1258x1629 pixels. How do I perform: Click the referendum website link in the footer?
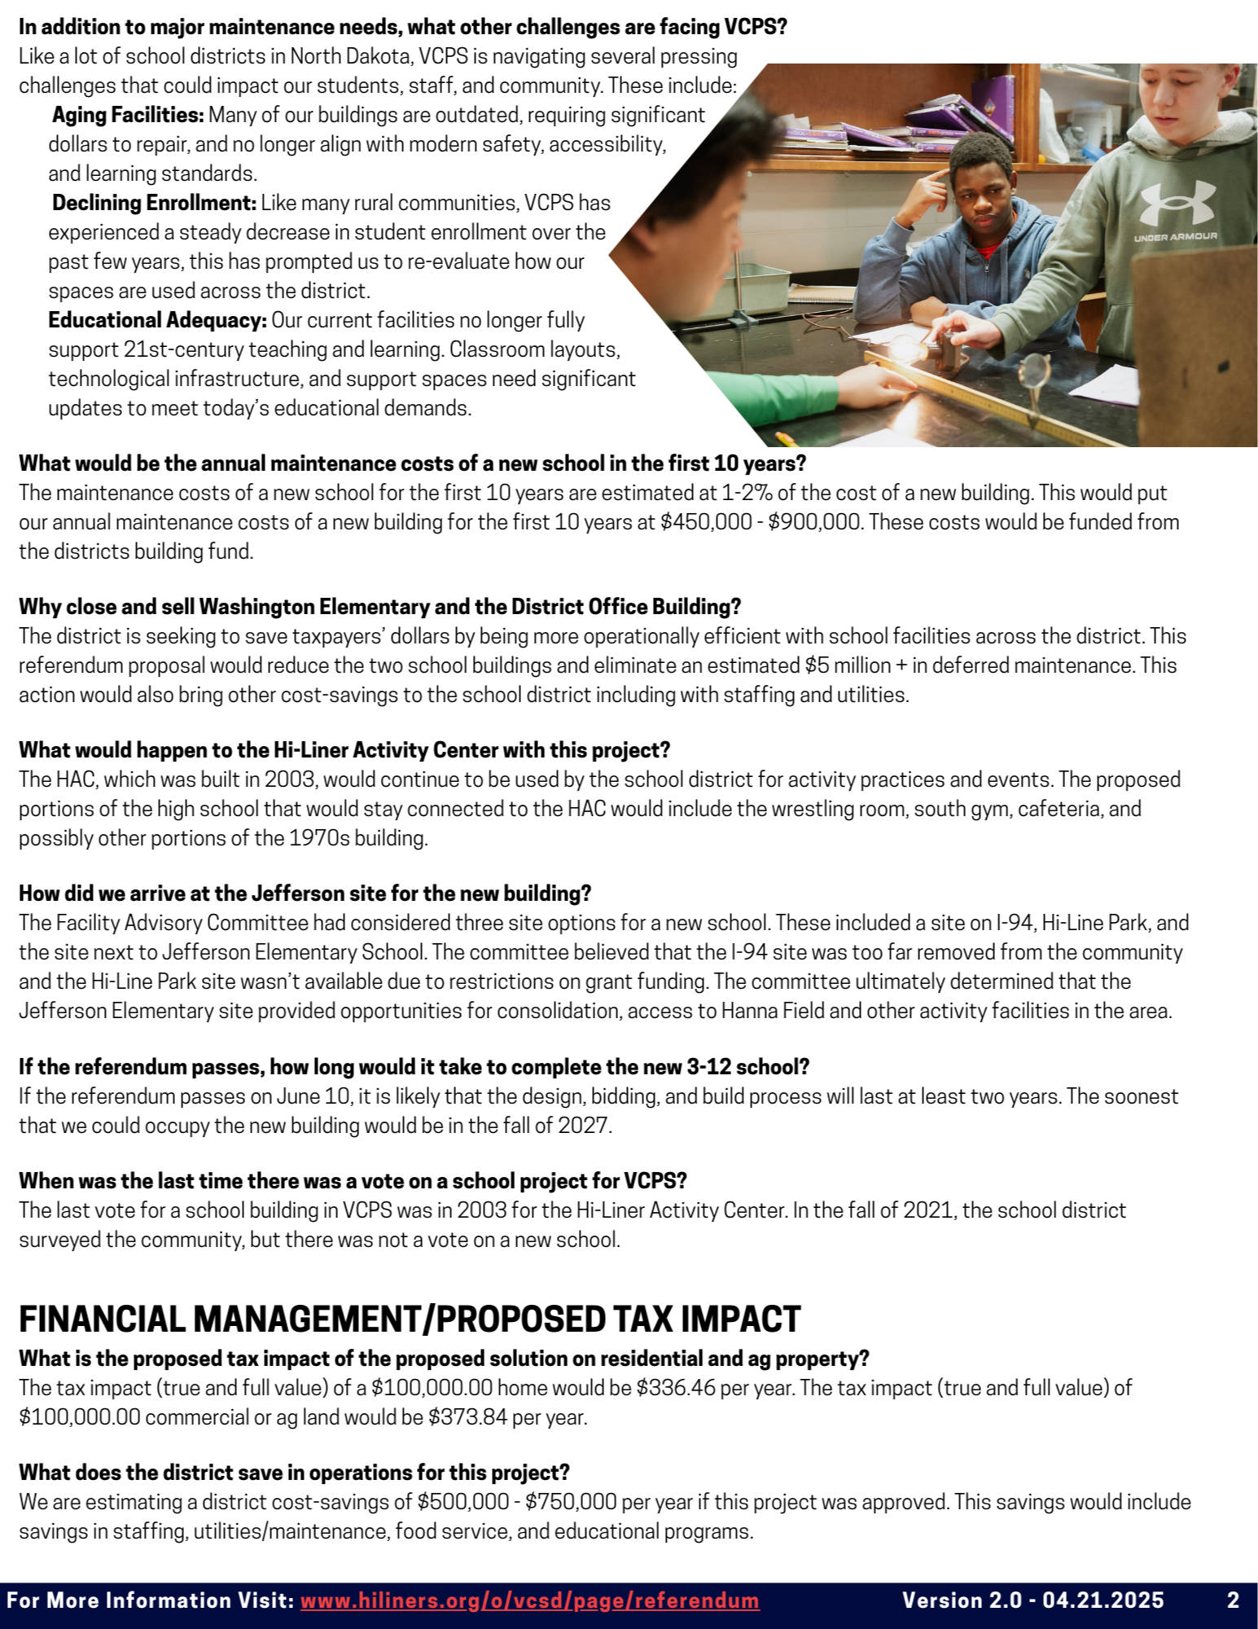(529, 1600)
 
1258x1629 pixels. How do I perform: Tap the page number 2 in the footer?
(1233, 1600)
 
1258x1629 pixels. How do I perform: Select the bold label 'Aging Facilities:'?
(128, 115)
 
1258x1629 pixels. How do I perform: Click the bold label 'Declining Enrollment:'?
(154, 203)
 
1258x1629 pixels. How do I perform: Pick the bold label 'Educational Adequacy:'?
(157, 320)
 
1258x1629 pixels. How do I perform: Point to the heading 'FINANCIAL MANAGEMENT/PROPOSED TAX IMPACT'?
(410, 1319)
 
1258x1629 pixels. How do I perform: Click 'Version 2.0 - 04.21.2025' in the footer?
(1032, 1600)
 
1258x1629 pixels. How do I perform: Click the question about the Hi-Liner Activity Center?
(344, 750)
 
